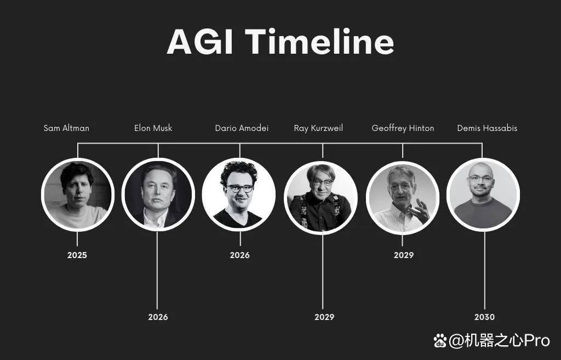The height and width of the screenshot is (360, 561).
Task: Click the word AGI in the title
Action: click(200, 42)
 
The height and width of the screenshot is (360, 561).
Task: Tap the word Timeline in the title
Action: click(319, 42)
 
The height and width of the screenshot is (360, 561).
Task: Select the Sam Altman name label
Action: click(66, 128)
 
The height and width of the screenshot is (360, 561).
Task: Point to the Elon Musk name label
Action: click(153, 128)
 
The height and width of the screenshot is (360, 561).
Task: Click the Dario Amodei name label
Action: click(242, 128)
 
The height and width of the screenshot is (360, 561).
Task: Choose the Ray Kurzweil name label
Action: click(318, 128)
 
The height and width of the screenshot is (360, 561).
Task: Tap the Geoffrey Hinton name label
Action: click(403, 128)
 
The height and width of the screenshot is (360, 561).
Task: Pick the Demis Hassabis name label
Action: click(487, 128)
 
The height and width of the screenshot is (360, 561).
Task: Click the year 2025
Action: click(77, 255)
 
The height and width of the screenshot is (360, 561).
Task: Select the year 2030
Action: click(484, 317)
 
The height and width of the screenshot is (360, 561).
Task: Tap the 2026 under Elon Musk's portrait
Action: click(158, 317)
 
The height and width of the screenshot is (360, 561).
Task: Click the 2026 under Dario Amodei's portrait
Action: click(240, 255)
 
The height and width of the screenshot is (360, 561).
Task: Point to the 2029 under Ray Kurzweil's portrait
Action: click(324, 317)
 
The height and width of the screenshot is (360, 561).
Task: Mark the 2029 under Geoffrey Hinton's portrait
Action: click(404, 255)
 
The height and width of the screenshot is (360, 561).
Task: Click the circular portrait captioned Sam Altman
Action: click(78, 195)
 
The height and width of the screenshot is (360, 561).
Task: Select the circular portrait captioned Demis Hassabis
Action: click(483, 195)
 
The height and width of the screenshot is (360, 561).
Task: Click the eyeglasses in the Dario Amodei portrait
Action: click(240, 188)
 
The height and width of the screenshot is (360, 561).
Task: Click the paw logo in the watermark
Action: click(440, 340)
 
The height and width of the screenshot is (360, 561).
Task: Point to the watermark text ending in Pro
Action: click(500, 340)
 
